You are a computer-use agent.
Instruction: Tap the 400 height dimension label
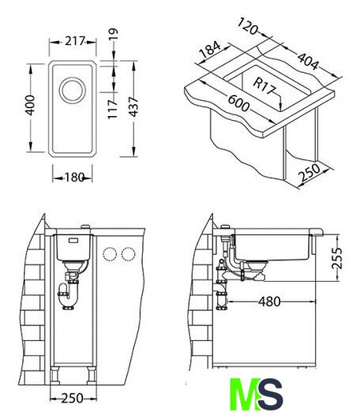pyautogui.click(x=30, y=105)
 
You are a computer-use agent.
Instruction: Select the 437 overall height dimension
pyautogui.click(x=133, y=107)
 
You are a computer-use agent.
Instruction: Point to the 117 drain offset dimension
pyautogui.click(x=112, y=109)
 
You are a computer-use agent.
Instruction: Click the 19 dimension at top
pyautogui.click(x=114, y=35)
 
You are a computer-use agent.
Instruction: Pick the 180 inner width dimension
pyautogui.click(x=74, y=177)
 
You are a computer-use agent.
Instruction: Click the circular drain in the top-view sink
pyautogui.click(x=73, y=90)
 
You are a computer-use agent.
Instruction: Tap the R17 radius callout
pyautogui.click(x=264, y=87)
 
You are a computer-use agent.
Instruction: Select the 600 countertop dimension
pyautogui.click(x=238, y=103)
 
